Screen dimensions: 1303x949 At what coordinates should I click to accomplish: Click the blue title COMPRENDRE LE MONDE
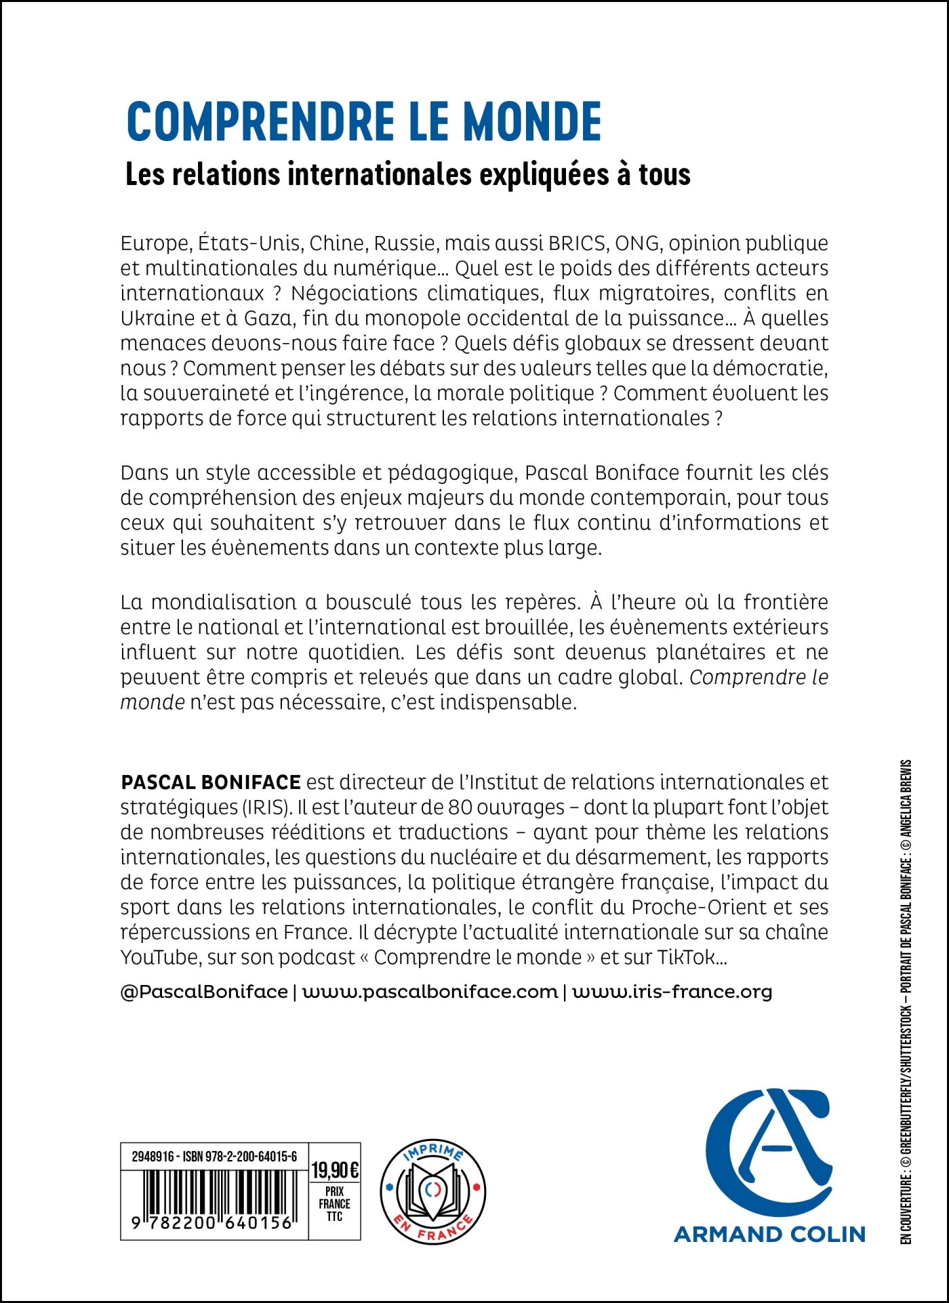tap(364, 122)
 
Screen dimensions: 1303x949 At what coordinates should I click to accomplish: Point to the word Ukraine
tap(154, 319)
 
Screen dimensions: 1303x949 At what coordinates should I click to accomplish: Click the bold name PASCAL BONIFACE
tap(210, 782)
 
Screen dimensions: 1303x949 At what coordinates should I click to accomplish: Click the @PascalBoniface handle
tap(203, 992)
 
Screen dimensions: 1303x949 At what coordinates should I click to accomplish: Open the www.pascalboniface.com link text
tap(430, 992)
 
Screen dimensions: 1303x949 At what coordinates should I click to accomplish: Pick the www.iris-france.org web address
tap(672, 992)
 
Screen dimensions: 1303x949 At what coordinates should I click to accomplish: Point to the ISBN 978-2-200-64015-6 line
tap(214, 1157)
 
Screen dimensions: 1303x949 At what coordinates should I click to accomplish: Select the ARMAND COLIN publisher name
tap(769, 1235)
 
